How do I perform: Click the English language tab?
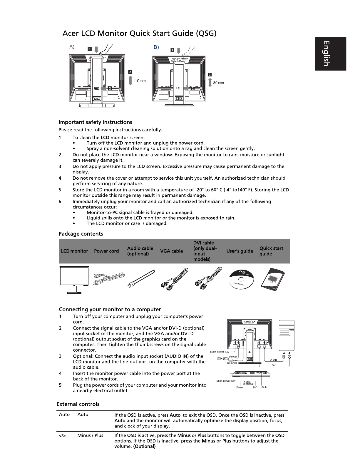331,54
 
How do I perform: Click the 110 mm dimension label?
139,81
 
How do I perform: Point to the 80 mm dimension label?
218,83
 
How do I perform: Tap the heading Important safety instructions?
95,122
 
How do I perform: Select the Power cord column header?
106,251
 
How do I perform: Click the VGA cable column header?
171,251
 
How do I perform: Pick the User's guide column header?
240,251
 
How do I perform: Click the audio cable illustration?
141,278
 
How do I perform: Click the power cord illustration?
108,278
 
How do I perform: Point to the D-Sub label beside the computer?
273,360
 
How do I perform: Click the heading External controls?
78,404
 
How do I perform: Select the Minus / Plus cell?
90,435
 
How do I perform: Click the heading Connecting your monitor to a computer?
110,310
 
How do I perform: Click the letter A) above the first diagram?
72,46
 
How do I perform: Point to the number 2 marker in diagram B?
192,88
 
